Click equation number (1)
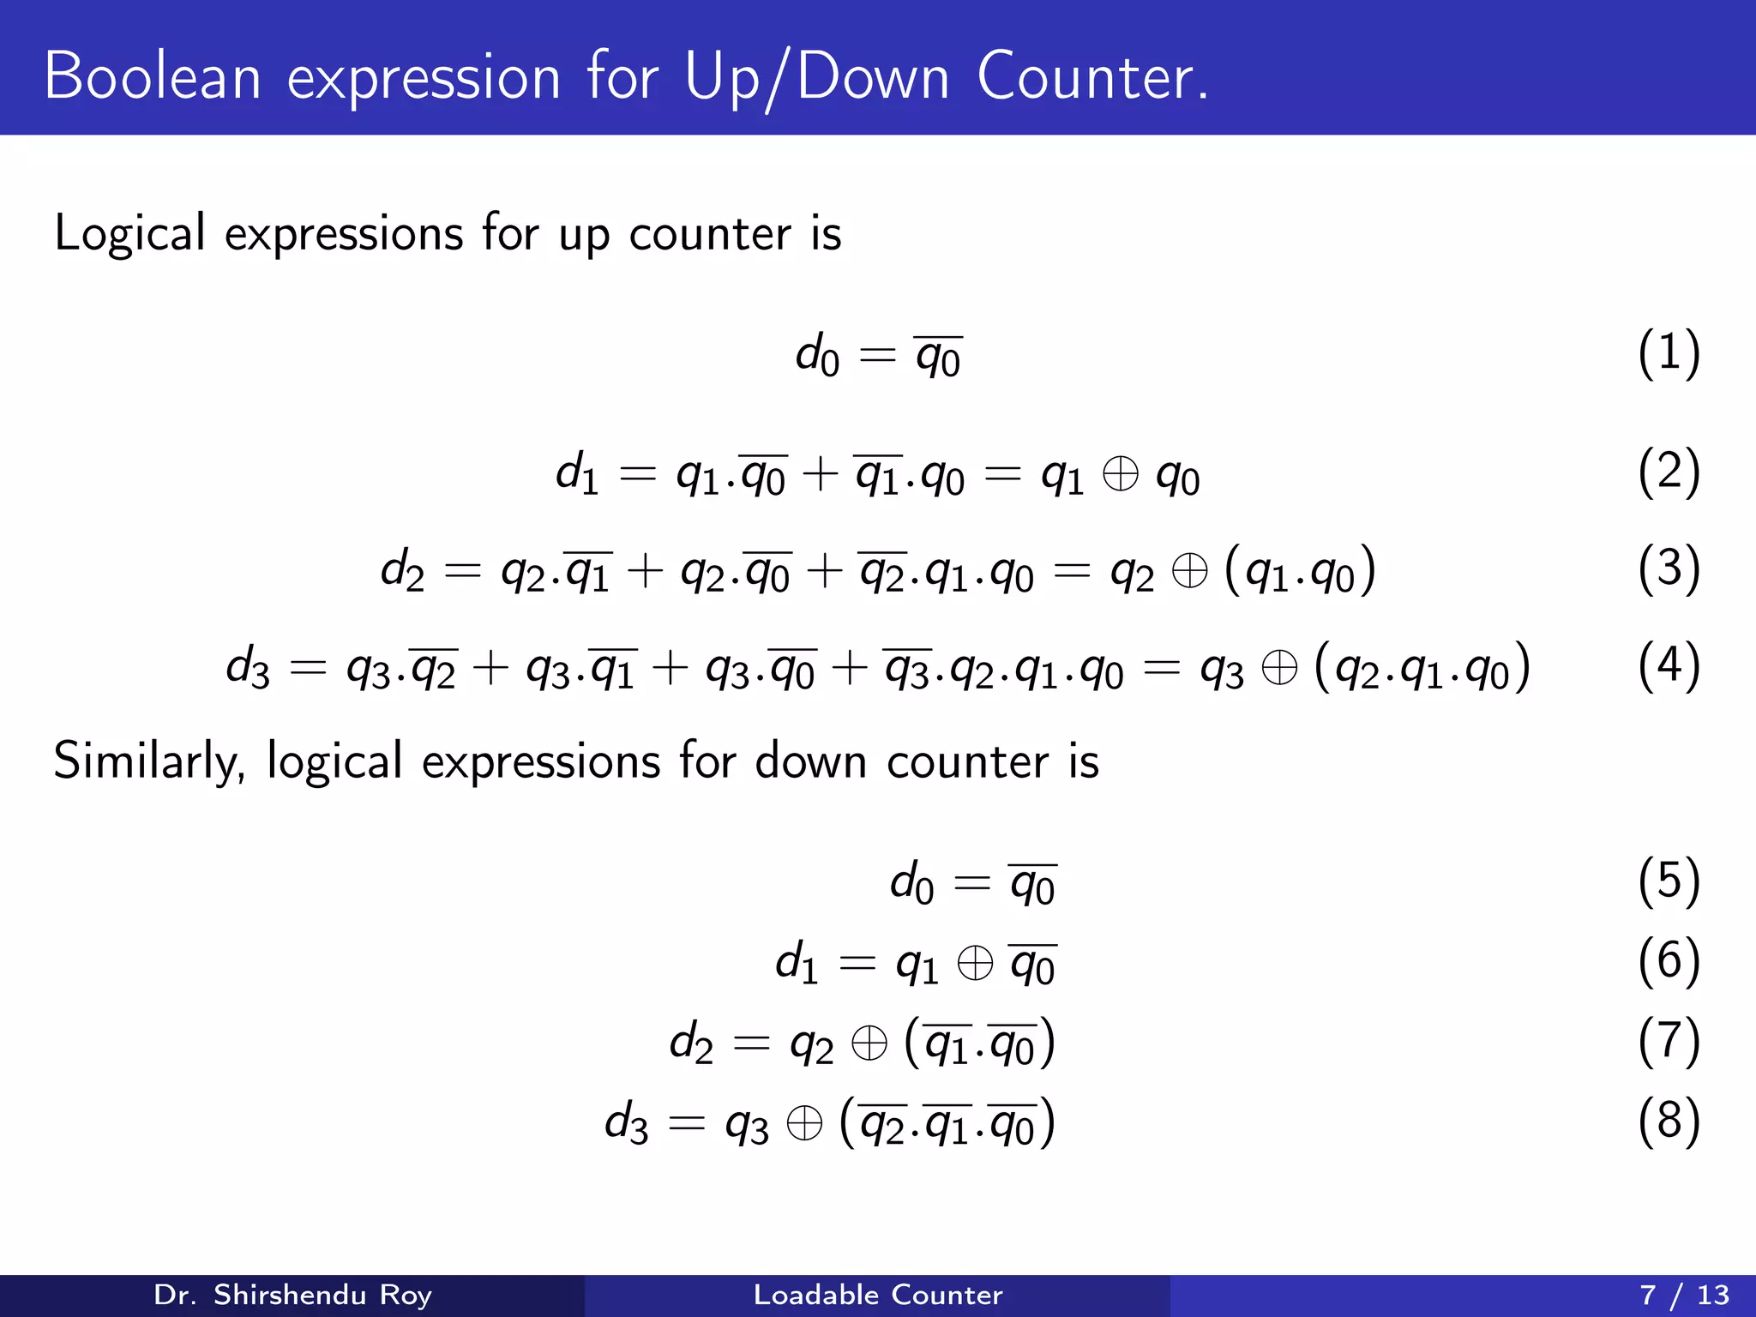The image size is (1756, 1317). tap(1668, 353)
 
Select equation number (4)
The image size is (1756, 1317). tap(1668, 666)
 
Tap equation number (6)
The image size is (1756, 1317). tap(1668, 962)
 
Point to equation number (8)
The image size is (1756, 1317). tap(1668, 1122)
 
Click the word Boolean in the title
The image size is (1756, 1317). tap(153, 77)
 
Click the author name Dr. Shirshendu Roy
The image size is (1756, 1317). tap(292, 1295)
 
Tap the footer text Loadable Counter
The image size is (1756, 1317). tap(877, 1295)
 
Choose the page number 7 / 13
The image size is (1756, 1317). tap(1684, 1295)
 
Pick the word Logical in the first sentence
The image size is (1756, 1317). tap(129, 234)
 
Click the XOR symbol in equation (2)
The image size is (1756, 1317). tap(1120, 473)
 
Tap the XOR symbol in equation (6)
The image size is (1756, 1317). tap(975, 963)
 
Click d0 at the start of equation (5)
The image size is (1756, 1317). tap(911, 883)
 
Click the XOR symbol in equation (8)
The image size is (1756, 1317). tap(804, 1123)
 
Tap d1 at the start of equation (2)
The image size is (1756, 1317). tap(576, 473)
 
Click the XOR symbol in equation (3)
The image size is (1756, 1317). tap(1189, 571)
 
